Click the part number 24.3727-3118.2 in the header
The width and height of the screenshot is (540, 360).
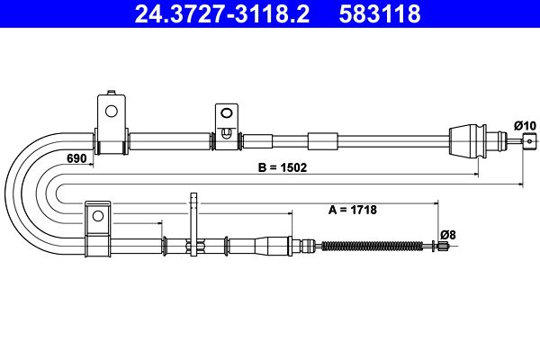(x=222, y=13)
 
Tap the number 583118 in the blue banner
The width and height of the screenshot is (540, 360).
(x=380, y=13)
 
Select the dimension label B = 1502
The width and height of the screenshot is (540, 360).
(x=283, y=167)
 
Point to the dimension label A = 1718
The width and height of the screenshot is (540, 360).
(x=353, y=210)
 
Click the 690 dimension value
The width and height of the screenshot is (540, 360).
(x=76, y=158)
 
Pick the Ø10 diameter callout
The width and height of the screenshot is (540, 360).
(x=525, y=126)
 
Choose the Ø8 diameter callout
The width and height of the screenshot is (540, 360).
(x=447, y=235)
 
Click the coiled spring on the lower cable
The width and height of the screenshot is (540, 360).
(x=373, y=246)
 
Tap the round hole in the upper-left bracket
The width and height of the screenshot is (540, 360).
(x=112, y=112)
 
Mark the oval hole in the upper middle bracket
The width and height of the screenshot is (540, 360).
(x=226, y=113)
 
